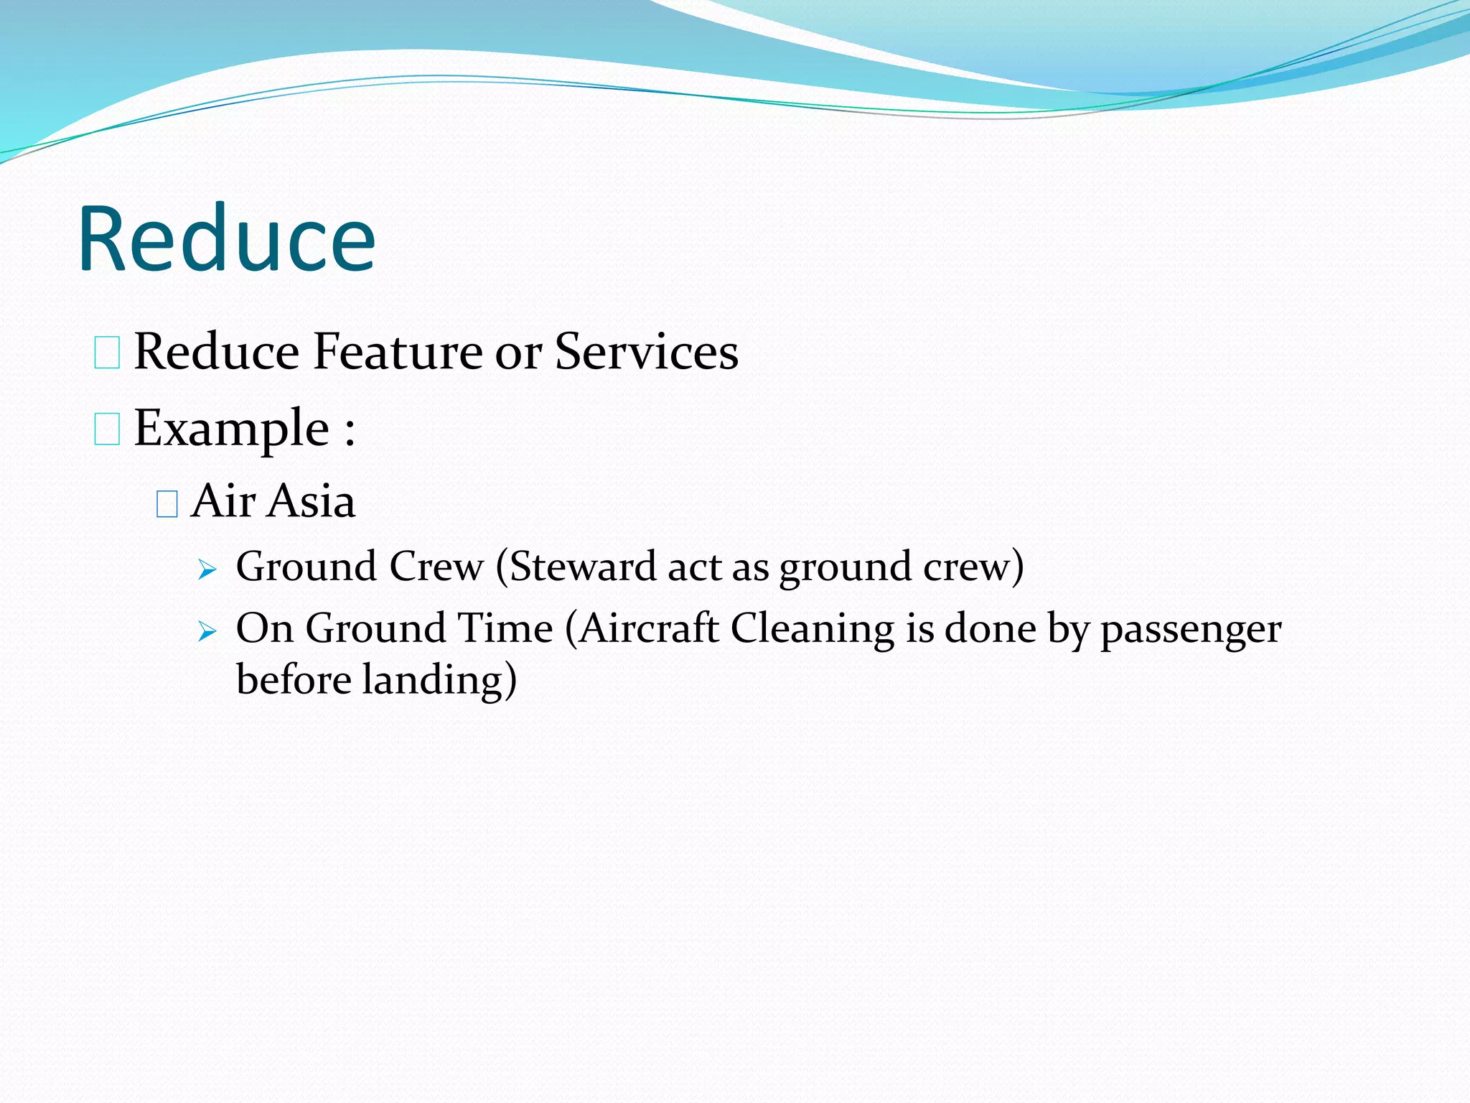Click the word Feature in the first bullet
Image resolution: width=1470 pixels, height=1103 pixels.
coord(398,352)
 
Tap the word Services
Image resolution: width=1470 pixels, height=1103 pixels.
coord(646,352)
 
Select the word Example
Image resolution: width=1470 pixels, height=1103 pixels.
coord(231,429)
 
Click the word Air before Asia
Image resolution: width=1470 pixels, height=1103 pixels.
coord(223,501)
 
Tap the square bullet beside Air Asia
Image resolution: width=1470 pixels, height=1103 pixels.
coord(167,504)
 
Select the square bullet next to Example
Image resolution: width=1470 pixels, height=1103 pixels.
coord(107,429)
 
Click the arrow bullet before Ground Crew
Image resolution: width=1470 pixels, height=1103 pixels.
coord(207,571)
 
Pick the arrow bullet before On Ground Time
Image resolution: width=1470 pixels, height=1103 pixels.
coord(207,632)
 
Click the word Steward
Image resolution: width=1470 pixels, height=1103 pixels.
coord(583,567)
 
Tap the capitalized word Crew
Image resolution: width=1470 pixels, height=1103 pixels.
coord(436,567)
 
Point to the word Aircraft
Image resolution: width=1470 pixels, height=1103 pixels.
coord(649,628)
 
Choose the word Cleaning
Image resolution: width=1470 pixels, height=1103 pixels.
coord(813,628)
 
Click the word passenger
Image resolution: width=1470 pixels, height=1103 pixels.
coord(1191,630)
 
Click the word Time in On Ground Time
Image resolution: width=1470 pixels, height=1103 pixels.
coord(505,628)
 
